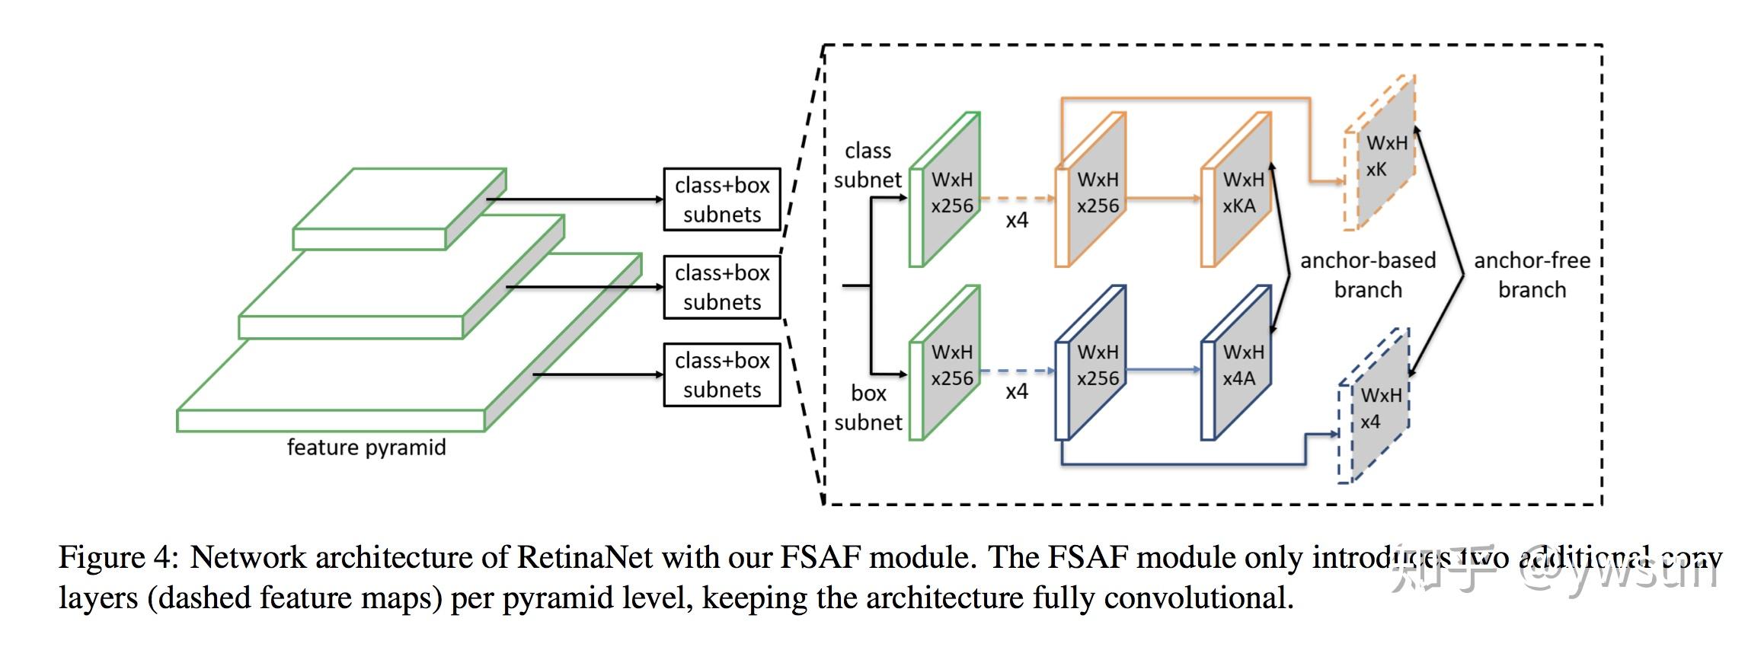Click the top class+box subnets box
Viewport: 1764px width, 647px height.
coord(721,199)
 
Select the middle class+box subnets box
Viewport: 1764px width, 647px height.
coord(721,287)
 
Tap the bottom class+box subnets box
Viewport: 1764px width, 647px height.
coord(721,374)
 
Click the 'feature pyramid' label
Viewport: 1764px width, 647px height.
coord(366,447)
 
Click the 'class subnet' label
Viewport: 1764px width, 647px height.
coord(868,165)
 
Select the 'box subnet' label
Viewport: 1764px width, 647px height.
coord(868,408)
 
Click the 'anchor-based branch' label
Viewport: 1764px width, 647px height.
coord(1367,275)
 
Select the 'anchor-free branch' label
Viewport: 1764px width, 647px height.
coord(1532,275)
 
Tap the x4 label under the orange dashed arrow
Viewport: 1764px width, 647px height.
coord(1017,220)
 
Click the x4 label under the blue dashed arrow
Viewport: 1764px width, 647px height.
coord(1017,391)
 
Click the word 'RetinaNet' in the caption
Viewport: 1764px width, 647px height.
coord(584,558)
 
